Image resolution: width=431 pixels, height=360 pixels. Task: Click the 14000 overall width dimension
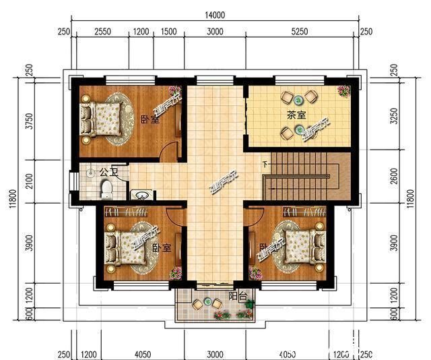215,15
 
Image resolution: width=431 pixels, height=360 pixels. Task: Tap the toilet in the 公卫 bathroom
106,189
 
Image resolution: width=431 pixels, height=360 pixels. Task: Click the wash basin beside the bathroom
141,196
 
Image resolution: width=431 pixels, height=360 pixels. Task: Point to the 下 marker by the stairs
265,164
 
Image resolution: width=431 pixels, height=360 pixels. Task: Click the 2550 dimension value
103,32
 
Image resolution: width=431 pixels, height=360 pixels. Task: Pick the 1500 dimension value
169,32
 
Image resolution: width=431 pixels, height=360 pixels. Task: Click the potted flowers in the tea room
343,90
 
